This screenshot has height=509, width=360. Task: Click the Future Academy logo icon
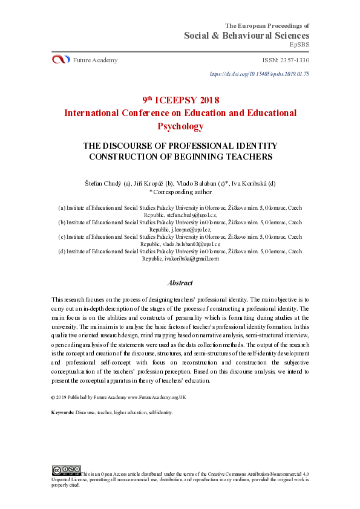click(x=61, y=60)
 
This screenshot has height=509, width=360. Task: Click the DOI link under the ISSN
click(x=259, y=74)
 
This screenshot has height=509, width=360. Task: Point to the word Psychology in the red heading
click(x=180, y=126)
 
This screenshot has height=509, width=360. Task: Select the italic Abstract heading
click(x=180, y=282)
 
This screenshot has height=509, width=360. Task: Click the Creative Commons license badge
click(x=66, y=469)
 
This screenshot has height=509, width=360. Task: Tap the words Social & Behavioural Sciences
click(x=246, y=36)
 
